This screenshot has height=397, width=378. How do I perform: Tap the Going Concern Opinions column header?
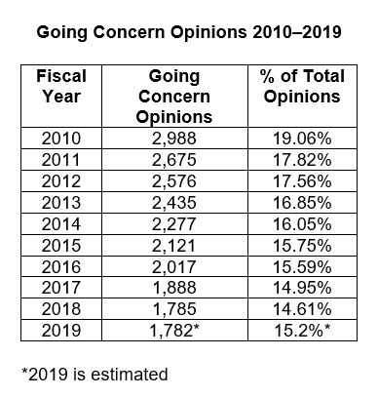pos(175,97)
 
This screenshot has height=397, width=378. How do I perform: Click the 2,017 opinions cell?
pos(175,252)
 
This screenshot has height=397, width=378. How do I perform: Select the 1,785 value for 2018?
pos(175,290)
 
